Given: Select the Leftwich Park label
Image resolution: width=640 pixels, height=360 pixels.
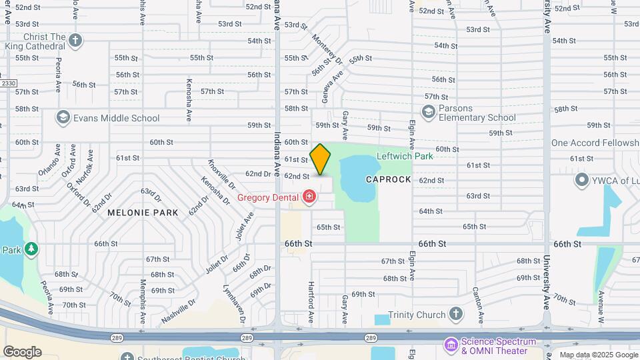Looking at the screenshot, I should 405,156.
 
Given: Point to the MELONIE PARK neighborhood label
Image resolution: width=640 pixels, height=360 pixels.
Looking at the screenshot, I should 143,213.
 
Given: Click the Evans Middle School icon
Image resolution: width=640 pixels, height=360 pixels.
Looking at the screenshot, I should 63,118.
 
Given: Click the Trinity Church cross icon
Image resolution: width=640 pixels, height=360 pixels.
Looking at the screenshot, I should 455,313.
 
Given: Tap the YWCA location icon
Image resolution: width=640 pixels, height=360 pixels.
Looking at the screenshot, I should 582,181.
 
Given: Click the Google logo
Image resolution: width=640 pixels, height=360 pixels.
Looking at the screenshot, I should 22,351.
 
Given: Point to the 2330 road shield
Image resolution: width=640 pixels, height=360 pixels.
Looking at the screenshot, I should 7,83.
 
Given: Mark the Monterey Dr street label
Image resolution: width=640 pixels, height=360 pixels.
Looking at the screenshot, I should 330,50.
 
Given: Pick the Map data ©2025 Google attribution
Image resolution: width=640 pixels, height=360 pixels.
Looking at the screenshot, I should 599,355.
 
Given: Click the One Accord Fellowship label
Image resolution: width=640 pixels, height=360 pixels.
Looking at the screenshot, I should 595,143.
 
